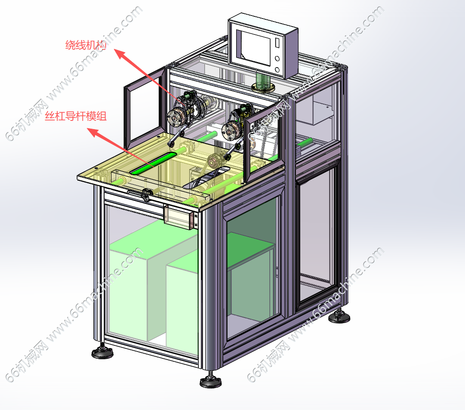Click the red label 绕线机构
pyautogui.click(x=86, y=45)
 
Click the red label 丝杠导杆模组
pyautogui.click(x=76, y=116)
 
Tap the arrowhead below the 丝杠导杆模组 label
pyautogui.click(x=94, y=132)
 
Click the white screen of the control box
pyautogui.click(x=256, y=48)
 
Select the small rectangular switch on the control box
pyautogui.click(x=277, y=43)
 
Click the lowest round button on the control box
pyautogui.click(x=277, y=70)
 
